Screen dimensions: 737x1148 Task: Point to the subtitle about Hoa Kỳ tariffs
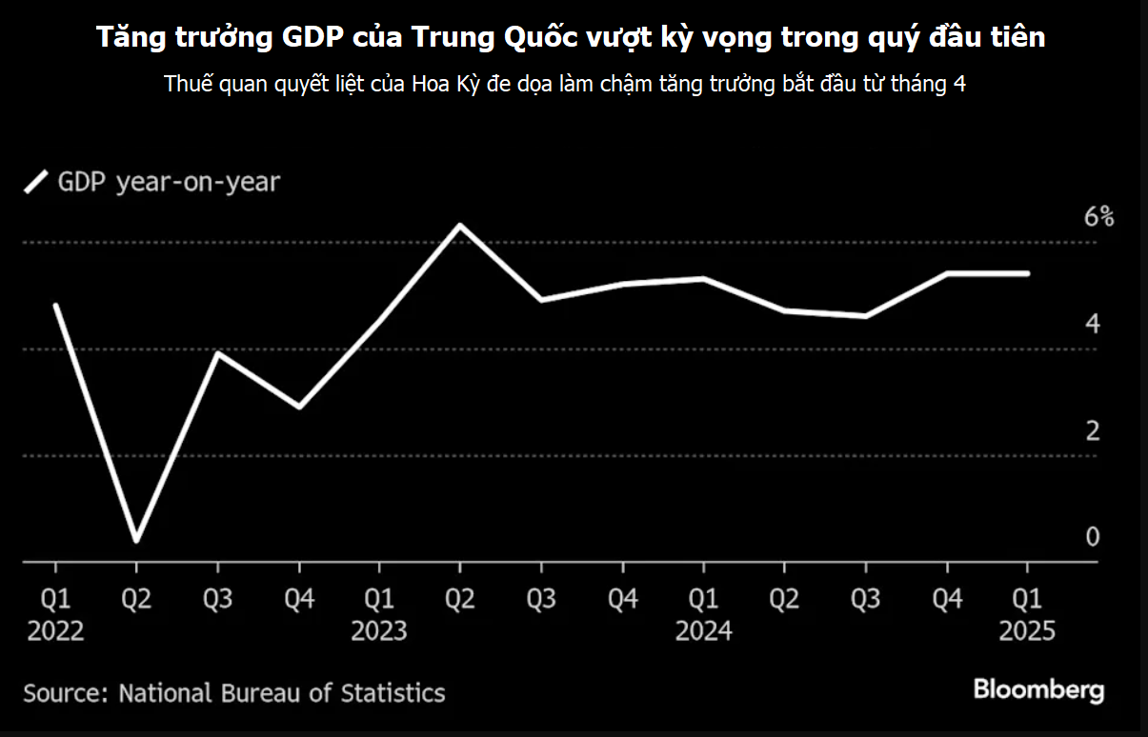point(565,83)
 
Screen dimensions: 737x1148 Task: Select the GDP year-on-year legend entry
point(153,182)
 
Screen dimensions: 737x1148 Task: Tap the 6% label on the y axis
point(1098,217)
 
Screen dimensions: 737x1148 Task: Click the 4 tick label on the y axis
point(1093,324)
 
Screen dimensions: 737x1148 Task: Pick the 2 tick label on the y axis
point(1093,430)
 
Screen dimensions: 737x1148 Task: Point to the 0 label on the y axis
point(1093,537)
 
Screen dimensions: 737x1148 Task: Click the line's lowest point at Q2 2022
point(136,541)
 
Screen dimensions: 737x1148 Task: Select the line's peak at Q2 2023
point(460,226)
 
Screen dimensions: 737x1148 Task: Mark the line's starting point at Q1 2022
point(56,305)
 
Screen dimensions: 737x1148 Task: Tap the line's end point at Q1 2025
point(1027,273)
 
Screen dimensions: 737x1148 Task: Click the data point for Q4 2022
point(299,407)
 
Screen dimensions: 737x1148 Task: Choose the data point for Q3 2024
point(865,315)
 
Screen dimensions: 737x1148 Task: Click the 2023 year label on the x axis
point(379,630)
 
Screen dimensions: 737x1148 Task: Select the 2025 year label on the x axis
point(1027,630)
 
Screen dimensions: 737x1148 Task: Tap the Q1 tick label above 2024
point(703,599)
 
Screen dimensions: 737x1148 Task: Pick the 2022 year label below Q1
point(55,630)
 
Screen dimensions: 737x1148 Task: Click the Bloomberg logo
point(1037,690)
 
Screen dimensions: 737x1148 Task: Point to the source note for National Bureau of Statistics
point(233,692)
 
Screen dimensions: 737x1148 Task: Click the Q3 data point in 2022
point(218,353)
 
